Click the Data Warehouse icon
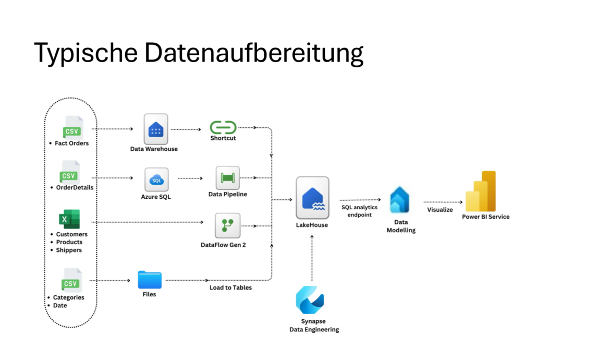coord(155,129)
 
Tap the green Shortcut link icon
coord(223,127)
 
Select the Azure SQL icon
coord(156,180)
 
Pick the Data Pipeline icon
coord(227,178)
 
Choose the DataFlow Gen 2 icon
coord(227,225)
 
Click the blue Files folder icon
coord(150,280)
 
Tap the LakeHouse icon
coord(312,198)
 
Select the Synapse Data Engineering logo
coord(310,300)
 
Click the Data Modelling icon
coord(400,200)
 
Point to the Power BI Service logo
coord(481,191)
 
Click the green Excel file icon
coord(69,219)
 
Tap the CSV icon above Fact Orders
coord(72,128)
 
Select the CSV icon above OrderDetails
coord(70,173)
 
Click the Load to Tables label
coord(230,287)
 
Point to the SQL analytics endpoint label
coord(359,211)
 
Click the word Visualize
coord(440,210)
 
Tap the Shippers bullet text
coord(69,250)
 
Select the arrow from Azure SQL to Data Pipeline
coord(190,178)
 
